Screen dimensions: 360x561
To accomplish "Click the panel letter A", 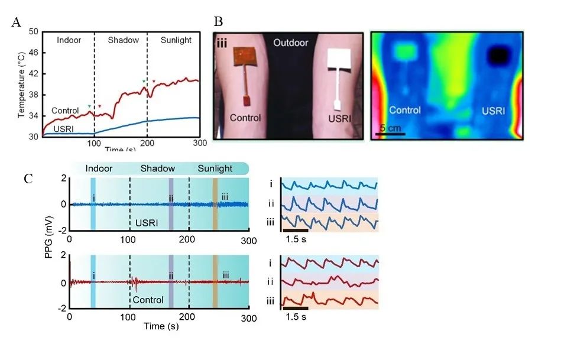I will (x=17, y=23).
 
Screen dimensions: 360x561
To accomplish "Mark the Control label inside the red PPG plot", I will (x=148, y=300).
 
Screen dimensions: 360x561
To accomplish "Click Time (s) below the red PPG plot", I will (x=158, y=326).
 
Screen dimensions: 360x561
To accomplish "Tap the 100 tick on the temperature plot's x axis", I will (x=95, y=144).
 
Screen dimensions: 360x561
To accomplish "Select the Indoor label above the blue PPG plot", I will (x=100, y=169).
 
